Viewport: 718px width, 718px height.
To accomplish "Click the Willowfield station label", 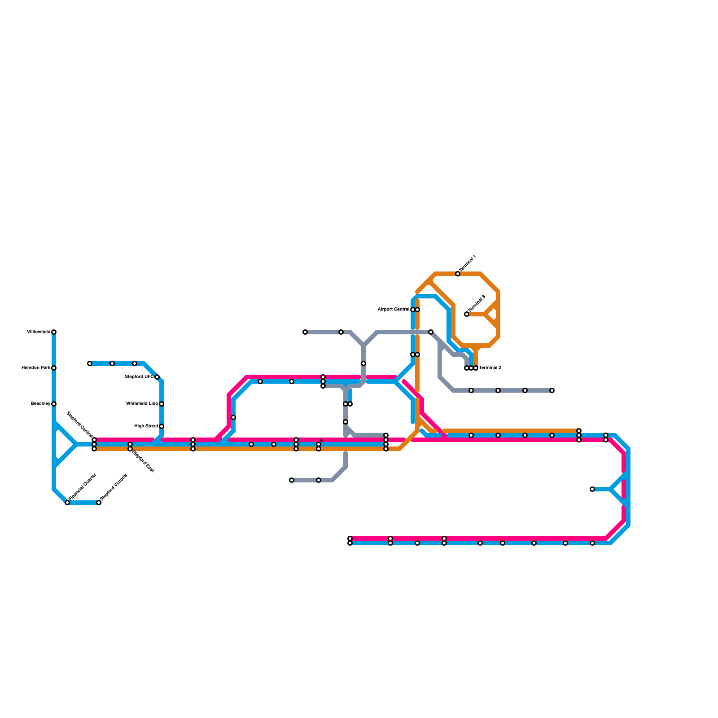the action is tap(39, 332).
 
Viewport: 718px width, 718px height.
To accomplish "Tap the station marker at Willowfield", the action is tap(54, 332).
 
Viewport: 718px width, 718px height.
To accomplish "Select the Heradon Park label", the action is tap(36, 368).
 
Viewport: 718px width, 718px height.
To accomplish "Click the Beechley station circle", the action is tap(54, 404).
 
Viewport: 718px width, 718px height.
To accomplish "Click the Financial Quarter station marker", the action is tap(67, 503).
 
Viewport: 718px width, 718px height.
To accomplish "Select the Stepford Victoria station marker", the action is tap(99, 503).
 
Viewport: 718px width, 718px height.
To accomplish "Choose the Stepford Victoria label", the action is tap(114, 487).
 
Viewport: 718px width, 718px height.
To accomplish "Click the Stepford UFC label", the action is tap(139, 377).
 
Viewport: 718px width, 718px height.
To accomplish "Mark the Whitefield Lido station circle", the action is tap(162, 404).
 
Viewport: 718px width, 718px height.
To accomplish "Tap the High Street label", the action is tap(146, 426).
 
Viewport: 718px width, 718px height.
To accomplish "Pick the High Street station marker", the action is tap(162, 426).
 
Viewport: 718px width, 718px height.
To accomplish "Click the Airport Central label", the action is tap(393, 310).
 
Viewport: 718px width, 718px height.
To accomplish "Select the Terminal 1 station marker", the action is tap(458, 274).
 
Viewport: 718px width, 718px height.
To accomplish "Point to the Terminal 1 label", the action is tap(468, 264).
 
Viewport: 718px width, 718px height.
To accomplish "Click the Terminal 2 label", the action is tap(490, 368).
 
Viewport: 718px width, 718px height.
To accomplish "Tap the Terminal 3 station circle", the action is tap(467, 314).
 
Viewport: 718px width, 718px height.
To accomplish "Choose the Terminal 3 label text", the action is tap(477, 304).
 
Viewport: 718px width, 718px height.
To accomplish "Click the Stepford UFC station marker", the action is tap(157, 377).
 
